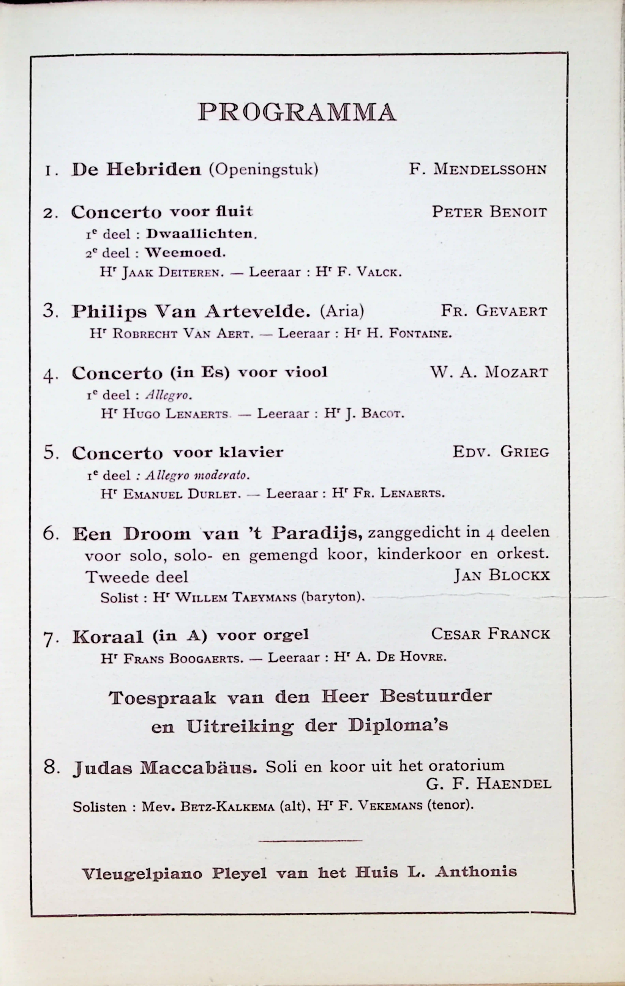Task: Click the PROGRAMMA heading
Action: click(297, 112)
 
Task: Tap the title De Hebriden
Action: click(136, 169)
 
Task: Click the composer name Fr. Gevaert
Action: click(494, 311)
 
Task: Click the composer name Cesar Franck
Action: click(490, 634)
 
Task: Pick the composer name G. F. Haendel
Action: click(489, 784)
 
